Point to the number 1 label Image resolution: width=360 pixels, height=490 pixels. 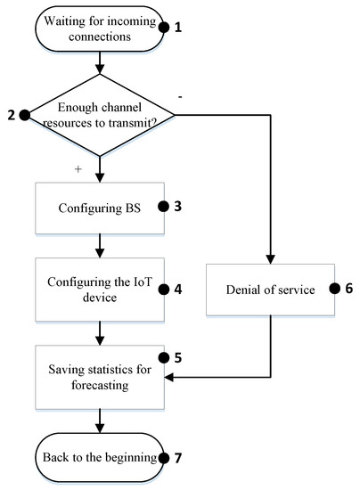(x=176, y=27)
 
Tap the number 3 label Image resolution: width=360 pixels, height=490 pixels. (x=178, y=206)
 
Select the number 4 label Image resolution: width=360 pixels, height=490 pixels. (x=178, y=289)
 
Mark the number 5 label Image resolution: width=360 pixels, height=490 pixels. (x=178, y=358)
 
